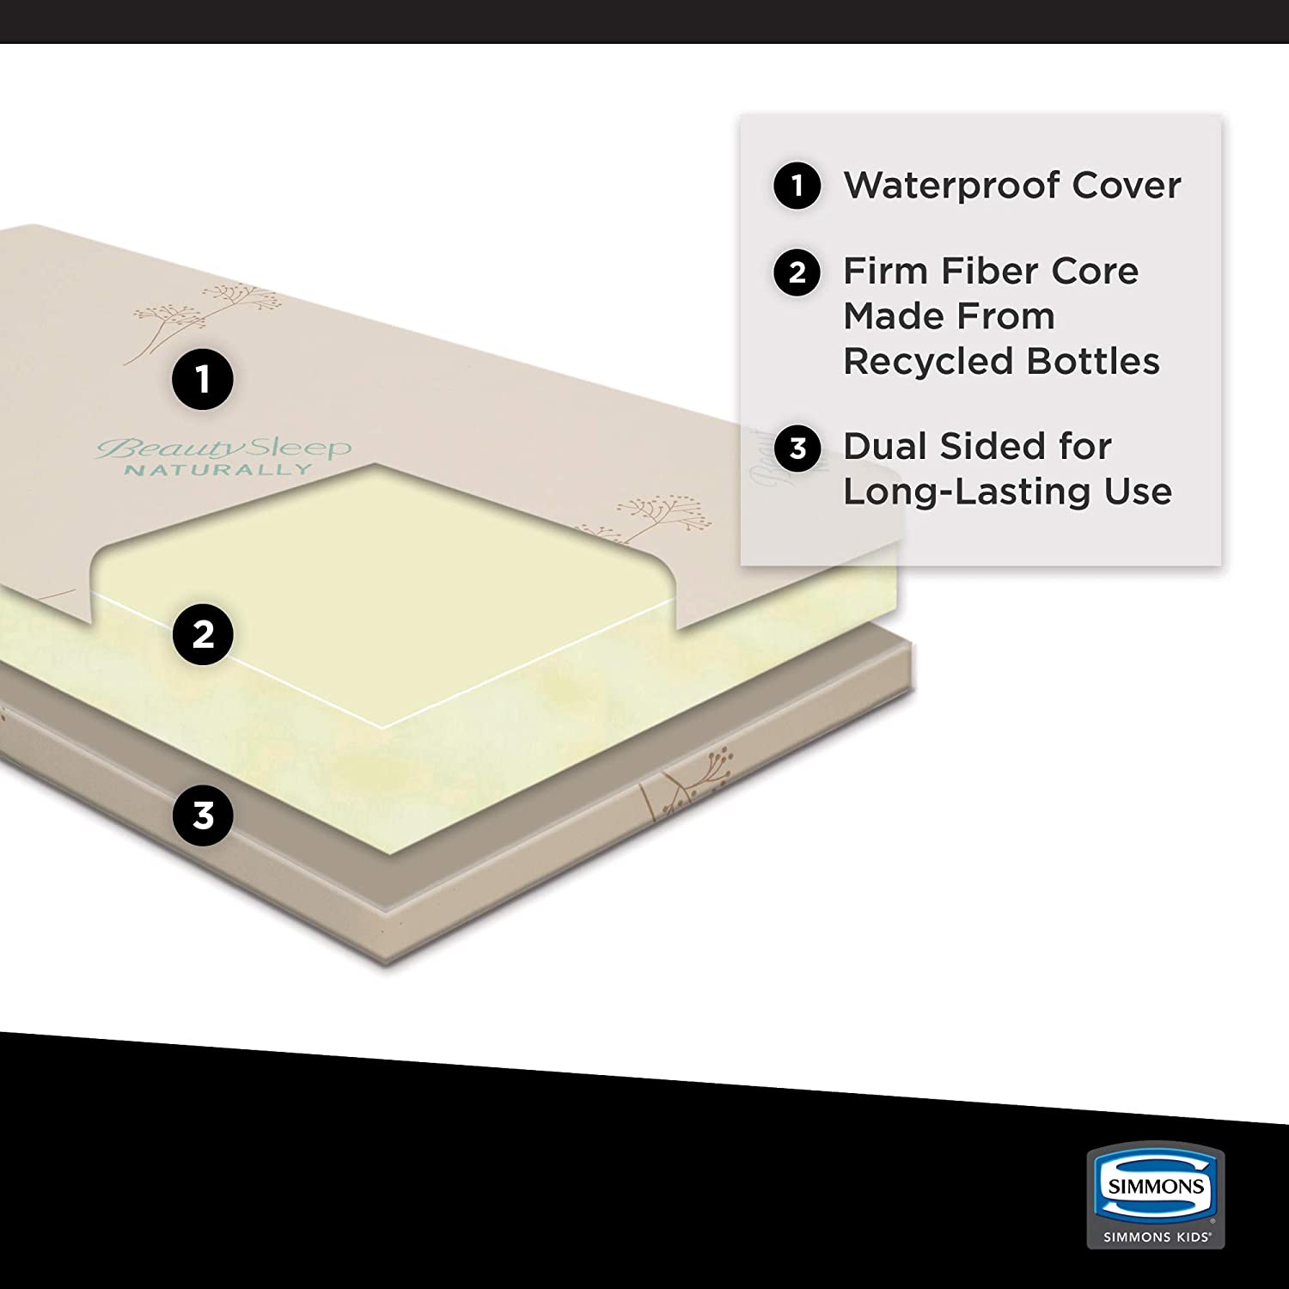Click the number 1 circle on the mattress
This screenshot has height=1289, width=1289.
pos(203,378)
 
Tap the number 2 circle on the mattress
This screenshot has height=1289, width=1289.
pos(203,634)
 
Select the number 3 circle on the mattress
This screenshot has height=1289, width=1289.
pos(203,815)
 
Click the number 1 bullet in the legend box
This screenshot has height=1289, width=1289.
pos(797,185)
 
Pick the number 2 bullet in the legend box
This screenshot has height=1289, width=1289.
pos(797,272)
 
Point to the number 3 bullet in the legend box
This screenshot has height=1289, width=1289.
pos(797,448)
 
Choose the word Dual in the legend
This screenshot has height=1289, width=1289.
pos(885,446)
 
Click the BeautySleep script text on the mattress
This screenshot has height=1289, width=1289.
pos(223,448)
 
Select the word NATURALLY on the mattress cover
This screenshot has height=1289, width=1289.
pos(217,470)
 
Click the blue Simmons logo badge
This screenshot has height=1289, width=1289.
pos(1156,1187)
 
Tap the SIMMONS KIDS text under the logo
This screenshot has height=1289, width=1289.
pos(1156,1237)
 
